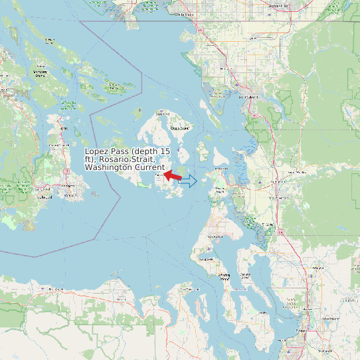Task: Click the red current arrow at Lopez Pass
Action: [174, 176]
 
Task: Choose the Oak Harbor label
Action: [216, 236]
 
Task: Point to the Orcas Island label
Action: [180, 128]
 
